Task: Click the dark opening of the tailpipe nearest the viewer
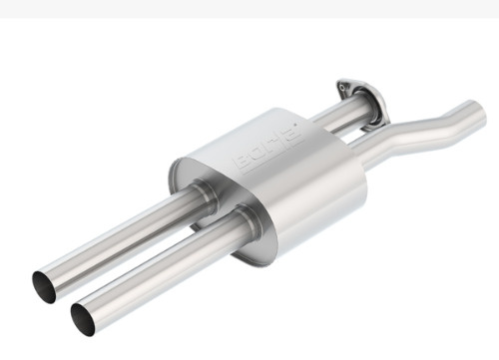coord(83,320)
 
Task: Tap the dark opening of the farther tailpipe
coord(44,287)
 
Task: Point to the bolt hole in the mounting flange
coord(342,88)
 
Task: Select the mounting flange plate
coord(361,104)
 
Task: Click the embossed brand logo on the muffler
coord(268,149)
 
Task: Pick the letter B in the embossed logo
coord(243,163)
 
